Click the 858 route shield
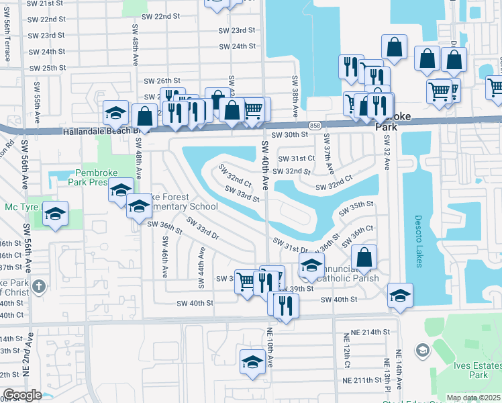click(315, 125)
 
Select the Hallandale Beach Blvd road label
click(98, 132)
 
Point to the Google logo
click(22, 394)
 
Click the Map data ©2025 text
click(473, 398)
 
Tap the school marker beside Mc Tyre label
click(55, 215)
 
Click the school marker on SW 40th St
click(400, 296)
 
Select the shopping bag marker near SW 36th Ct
click(364, 258)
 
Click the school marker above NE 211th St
click(252, 362)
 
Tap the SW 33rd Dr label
click(203, 228)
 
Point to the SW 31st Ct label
click(296, 159)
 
